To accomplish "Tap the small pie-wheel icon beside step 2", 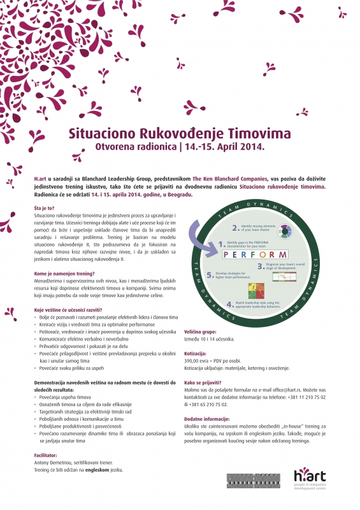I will [x=285, y=230].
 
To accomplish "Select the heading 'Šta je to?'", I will [x=45, y=208].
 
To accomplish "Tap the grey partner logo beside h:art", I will [x=250, y=480].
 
